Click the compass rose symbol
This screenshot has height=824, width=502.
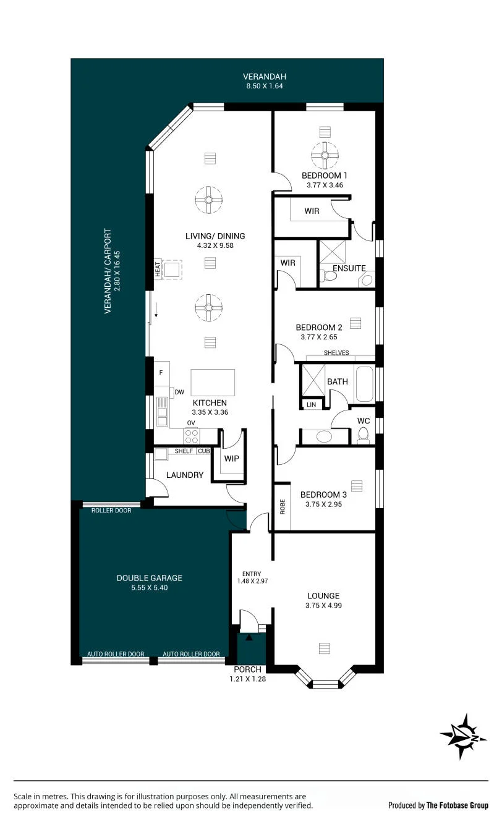click(x=463, y=737)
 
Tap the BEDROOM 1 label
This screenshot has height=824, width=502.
click(x=324, y=176)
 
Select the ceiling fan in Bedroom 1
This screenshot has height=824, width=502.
click(x=325, y=155)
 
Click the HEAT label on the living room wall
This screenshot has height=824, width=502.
click(x=158, y=269)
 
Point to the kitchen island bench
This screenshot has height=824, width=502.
click(x=213, y=383)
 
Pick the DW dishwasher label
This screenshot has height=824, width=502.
click(x=179, y=392)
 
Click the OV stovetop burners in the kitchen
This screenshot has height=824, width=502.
click(x=192, y=436)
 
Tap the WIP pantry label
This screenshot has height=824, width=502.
click(x=231, y=458)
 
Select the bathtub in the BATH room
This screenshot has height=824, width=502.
click(x=364, y=384)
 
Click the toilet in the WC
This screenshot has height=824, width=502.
click(x=363, y=435)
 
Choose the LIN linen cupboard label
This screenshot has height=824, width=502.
click(x=311, y=405)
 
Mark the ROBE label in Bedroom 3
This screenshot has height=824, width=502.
click(x=283, y=506)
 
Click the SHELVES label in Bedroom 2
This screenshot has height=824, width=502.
click(x=336, y=352)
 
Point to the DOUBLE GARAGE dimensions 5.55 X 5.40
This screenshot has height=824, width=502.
click(x=150, y=587)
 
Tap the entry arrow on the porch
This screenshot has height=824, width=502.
click(x=249, y=637)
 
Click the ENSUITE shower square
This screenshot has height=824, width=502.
click(x=333, y=252)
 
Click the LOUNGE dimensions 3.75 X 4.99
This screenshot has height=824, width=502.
click(x=323, y=605)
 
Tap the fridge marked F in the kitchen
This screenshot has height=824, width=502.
click(x=161, y=373)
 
